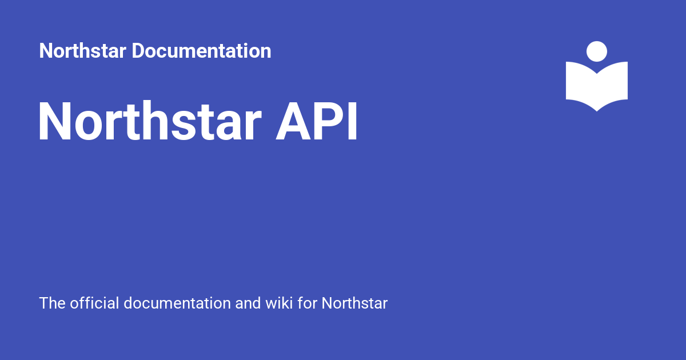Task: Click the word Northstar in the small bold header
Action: (x=83, y=51)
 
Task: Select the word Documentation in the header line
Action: (x=202, y=51)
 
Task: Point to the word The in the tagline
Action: (x=53, y=303)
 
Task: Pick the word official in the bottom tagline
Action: (x=95, y=303)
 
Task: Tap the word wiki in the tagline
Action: (x=279, y=303)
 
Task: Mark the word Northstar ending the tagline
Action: (x=354, y=303)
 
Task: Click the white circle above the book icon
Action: (x=597, y=51)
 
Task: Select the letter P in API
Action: (x=328, y=122)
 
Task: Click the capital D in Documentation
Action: (x=138, y=51)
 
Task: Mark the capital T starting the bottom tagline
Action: (x=44, y=303)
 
